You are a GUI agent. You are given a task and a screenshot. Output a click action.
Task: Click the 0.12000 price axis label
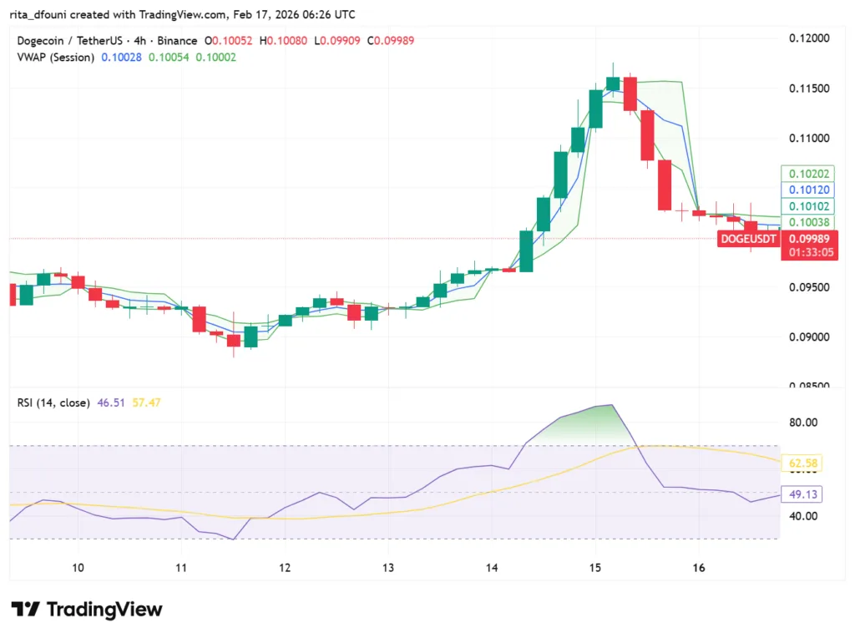coord(809,38)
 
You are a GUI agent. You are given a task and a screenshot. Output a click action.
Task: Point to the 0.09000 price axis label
coord(809,337)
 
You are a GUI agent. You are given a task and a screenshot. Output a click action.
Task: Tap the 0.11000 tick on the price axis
coord(809,138)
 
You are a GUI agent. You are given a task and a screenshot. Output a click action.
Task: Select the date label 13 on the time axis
coord(388,568)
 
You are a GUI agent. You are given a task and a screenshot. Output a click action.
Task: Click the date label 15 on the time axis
coord(594,568)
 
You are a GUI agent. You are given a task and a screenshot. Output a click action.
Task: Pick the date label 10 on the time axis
coord(78,568)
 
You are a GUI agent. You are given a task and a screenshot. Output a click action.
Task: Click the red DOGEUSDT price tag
coord(748,239)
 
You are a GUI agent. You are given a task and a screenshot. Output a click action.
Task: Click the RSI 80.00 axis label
coord(804,423)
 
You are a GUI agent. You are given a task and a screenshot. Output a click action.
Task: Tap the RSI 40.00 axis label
coord(804,516)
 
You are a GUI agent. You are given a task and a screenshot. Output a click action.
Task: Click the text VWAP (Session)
coord(56,57)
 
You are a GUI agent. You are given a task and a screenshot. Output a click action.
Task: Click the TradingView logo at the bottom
coord(87,610)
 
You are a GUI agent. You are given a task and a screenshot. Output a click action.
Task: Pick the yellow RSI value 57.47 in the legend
coord(146,403)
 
